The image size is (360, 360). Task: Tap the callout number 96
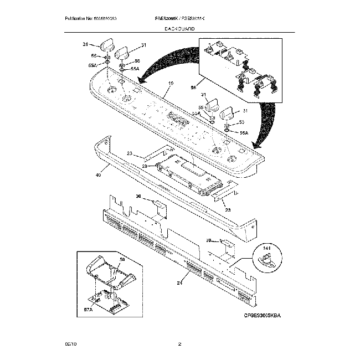coord(194,87)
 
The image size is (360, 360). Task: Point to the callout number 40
coord(99,175)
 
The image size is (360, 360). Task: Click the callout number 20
coord(144,166)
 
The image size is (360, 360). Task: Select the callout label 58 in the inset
coord(122,259)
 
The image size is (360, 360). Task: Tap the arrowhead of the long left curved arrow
coord(143,81)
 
